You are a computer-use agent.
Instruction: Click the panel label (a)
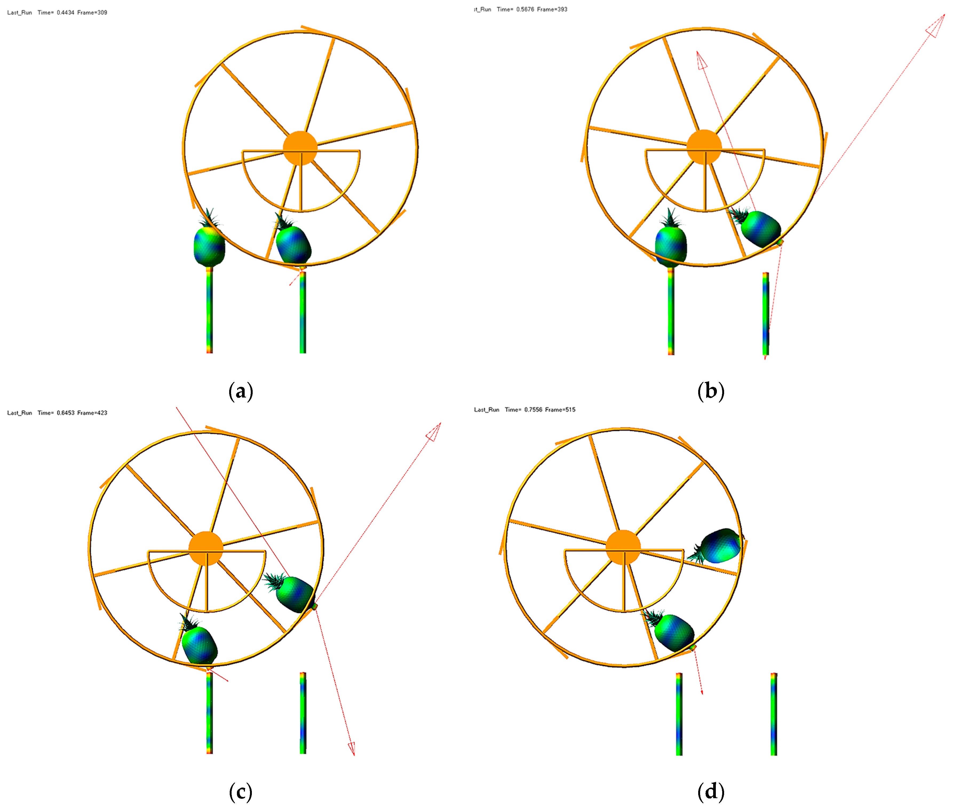point(240,391)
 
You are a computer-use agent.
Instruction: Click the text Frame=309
point(92,13)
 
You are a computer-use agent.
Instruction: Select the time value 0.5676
point(525,9)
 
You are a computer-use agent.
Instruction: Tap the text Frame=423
point(92,413)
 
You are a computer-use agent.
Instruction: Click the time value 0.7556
point(533,410)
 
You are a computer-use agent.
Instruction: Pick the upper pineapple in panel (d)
point(718,546)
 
